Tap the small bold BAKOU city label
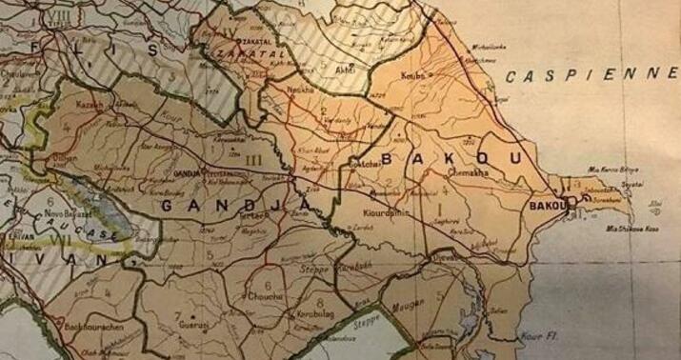[546, 204]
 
